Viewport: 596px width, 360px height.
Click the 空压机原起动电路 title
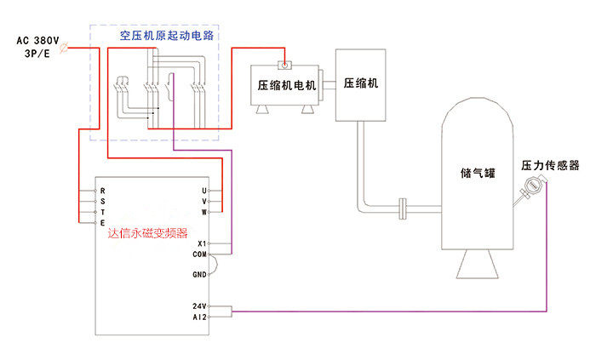(166, 37)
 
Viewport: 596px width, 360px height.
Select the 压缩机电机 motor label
(287, 85)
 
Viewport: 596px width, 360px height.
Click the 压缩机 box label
(360, 84)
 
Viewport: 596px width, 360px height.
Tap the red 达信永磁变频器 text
(147, 231)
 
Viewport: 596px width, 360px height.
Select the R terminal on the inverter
(102, 190)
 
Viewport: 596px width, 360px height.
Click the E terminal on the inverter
(102, 222)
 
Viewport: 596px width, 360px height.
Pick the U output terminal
(204, 190)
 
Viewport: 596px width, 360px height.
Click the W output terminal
(204, 211)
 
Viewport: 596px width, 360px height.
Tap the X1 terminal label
(202, 243)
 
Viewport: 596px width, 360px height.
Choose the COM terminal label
(199, 254)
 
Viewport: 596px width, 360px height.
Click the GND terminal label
(199, 274)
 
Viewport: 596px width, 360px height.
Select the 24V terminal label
(200, 306)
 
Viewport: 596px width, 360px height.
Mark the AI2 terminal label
(200, 316)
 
